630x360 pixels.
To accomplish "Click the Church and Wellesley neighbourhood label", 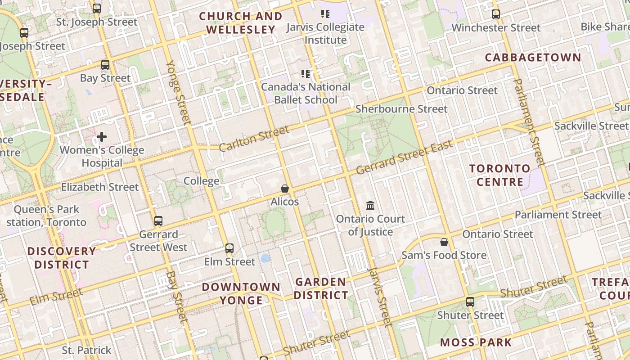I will click(x=241, y=23).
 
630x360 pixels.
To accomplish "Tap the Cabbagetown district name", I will click(x=533, y=58).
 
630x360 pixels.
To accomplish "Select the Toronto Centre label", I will click(x=500, y=175).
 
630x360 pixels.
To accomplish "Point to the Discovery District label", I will click(x=62, y=258).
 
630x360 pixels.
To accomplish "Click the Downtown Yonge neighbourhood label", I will click(x=241, y=293).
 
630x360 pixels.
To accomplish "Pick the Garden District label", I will click(x=321, y=289).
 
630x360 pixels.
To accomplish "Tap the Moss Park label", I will click(x=476, y=342).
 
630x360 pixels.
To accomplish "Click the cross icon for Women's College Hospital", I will click(x=102, y=137).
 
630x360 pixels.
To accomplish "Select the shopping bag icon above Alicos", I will click(x=284, y=189).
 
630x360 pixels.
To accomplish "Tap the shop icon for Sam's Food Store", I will click(x=444, y=242).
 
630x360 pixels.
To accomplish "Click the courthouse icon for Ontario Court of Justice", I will click(x=370, y=206).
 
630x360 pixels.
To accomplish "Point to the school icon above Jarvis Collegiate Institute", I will click(x=325, y=14).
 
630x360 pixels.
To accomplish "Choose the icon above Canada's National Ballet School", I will click(x=306, y=73).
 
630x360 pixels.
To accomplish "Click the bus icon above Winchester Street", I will click(x=495, y=14).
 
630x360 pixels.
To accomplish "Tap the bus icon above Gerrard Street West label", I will click(x=158, y=221).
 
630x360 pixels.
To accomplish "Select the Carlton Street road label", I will click(x=254, y=139).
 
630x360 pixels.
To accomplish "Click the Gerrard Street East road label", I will click(x=404, y=158).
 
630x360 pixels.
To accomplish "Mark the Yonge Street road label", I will click(x=179, y=92).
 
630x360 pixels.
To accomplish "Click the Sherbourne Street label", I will click(x=401, y=109).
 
